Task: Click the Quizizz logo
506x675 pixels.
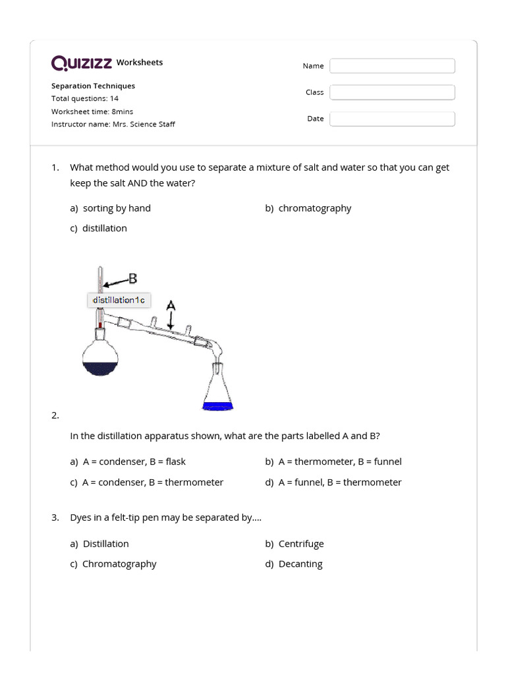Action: pyautogui.click(x=82, y=63)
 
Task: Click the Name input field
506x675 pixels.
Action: pyautogui.click(x=392, y=66)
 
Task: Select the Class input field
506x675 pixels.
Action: pyautogui.click(x=392, y=92)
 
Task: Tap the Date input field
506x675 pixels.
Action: pyautogui.click(x=392, y=119)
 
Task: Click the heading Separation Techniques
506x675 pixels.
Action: pyautogui.click(x=93, y=86)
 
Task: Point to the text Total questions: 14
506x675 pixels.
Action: pyautogui.click(x=85, y=98)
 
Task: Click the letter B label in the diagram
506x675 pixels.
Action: pyautogui.click(x=132, y=278)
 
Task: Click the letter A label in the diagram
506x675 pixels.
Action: pyautogui.click(x=171, y=306)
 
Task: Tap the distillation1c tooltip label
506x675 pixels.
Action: pyautogui.click(x=119, y=301)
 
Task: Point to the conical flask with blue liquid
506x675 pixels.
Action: pyautogui.click(x=217, y=394)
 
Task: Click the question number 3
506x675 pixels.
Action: pyautogui.click(x=55, y=518)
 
